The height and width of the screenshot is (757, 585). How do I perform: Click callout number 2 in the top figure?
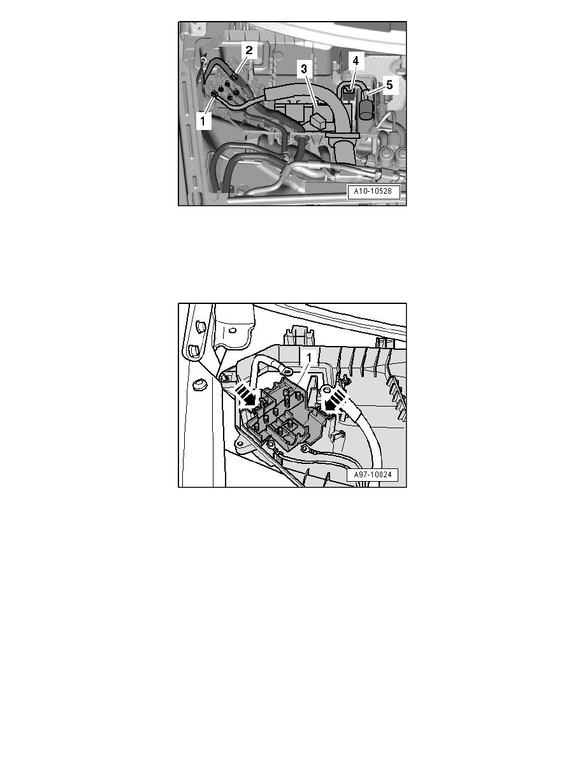(x=249, y=50)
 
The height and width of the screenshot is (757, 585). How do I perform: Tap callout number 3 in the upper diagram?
(x=303, y=69)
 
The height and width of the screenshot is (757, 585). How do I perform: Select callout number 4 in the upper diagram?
(x=356, y=61)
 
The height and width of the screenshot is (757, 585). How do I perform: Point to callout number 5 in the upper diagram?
(x=389, y=85)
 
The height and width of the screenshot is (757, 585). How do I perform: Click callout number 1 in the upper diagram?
(x=203, y=120)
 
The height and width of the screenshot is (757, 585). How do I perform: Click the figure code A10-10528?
(x=373, y=192)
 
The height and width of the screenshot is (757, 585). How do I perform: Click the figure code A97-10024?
(x=373, y=475)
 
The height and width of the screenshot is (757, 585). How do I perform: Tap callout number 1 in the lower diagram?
(x=310, y=357)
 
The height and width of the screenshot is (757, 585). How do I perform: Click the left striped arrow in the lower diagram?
(x=247, y=394)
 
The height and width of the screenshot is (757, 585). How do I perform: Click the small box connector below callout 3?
(x=319, y=120)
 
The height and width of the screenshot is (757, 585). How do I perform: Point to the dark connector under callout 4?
(x=349, y=91)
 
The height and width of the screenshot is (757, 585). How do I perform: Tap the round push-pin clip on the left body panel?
(x=198, y=386)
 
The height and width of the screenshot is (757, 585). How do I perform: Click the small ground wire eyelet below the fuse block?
(x=305, y=449)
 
